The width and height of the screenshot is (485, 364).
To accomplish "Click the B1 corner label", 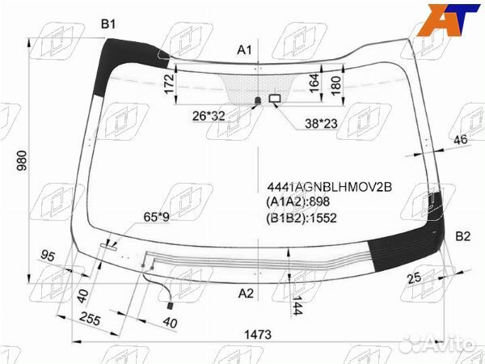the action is (108, 23).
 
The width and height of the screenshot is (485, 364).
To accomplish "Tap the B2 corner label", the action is (462, 236).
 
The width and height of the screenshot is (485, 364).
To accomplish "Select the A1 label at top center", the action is (244, 50).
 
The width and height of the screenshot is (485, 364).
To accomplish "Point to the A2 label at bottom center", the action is (246, 293).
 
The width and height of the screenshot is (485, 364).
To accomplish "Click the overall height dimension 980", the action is (22, 161).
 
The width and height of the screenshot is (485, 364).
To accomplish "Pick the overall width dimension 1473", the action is (258, 334).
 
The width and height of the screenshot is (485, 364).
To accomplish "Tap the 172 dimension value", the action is (169, 83).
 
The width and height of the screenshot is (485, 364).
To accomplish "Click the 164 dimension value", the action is (314, 83).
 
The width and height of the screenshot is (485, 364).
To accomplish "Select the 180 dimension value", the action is (336, 86).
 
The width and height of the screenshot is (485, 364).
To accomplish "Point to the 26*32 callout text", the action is (209, 116).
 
